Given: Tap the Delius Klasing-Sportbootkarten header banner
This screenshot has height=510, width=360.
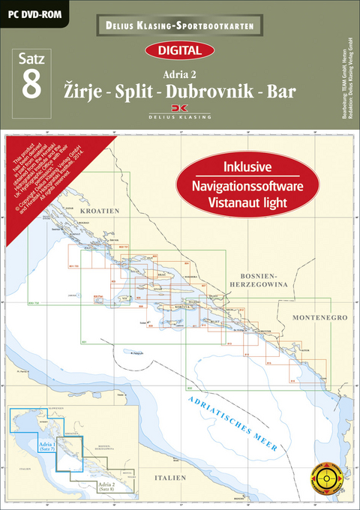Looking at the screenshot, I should coord(180,26).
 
